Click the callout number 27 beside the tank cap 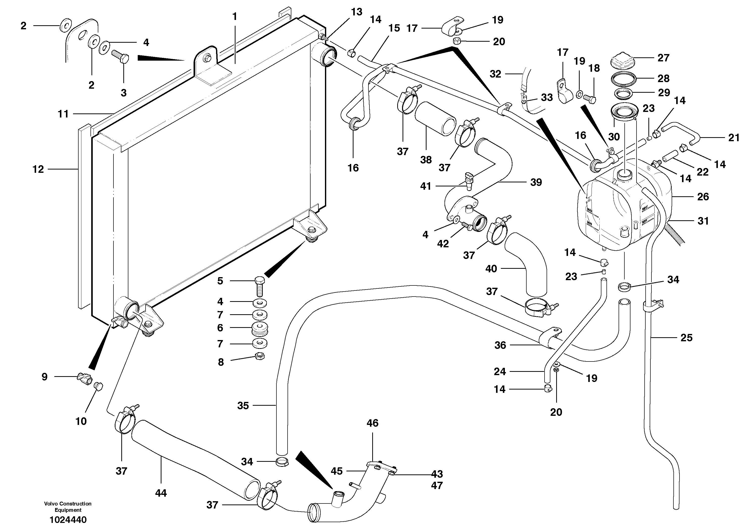point(663,58)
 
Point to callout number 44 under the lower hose point(161,493)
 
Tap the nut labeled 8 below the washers point(260,356)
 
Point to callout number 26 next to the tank point(703,197)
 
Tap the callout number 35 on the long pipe point(243,406)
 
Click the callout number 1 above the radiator point(234,16)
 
